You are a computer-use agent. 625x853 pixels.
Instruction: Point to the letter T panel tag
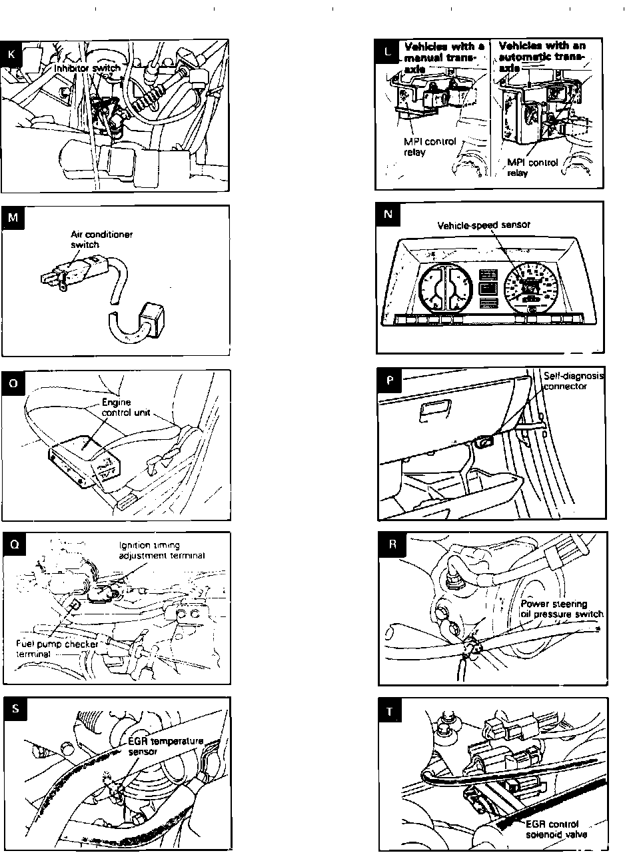pos(390,711)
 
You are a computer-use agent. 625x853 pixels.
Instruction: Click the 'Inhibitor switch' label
pos(87,68)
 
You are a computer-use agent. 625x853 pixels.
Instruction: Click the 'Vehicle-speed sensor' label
pos(484,225)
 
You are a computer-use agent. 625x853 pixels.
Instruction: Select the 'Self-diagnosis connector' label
pos(573,381)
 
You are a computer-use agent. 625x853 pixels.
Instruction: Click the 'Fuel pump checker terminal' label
pos(57,648)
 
